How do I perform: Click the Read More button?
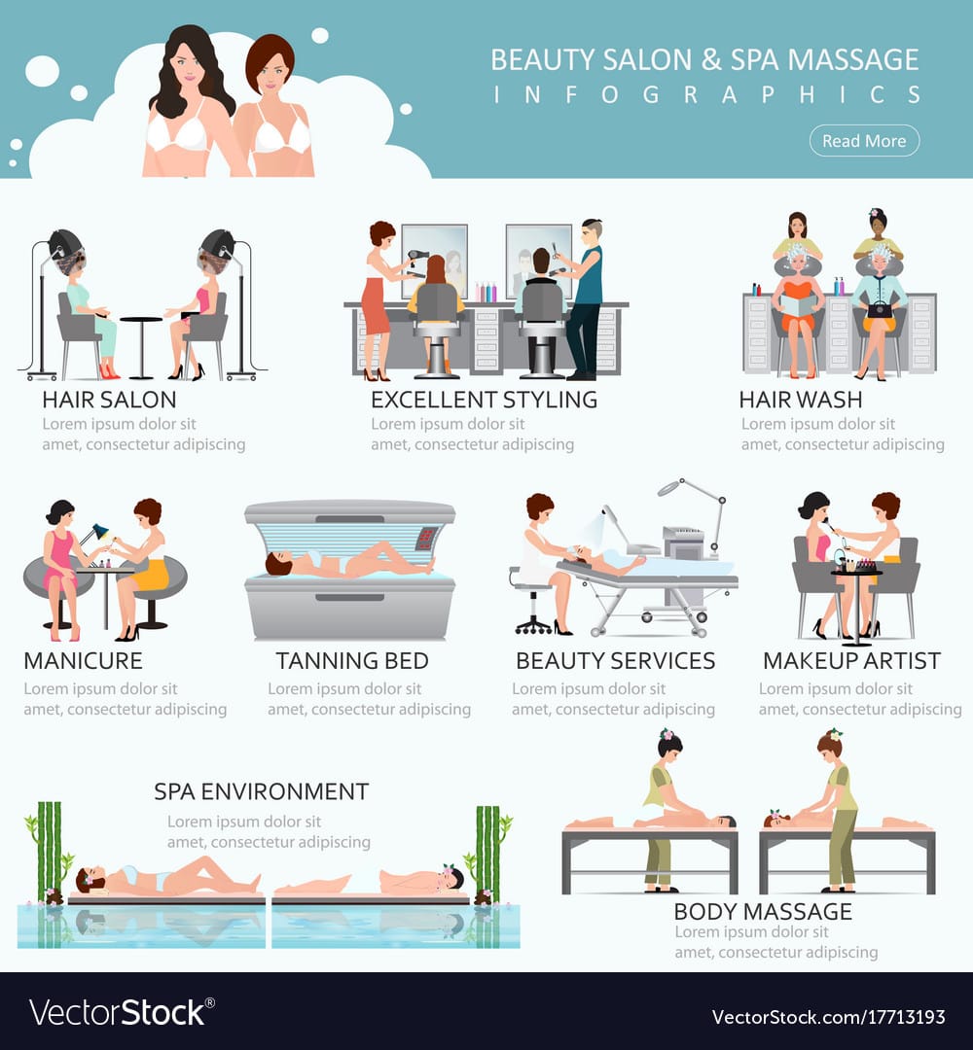[864, 141]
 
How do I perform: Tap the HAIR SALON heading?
[109, 400]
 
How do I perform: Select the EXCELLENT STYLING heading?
[484, 400]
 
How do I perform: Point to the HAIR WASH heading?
[800, 400]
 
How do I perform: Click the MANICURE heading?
[83, 661]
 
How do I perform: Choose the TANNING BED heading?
[352, 661]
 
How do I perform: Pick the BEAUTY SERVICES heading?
[615, 661]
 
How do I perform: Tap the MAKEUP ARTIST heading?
[851, 661]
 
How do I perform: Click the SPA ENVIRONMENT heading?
[262, 791]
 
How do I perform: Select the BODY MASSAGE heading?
[763, 911]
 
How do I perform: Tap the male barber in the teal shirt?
[583, 299]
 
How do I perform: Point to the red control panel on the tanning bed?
[426, 537]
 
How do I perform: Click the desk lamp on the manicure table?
[94, 537]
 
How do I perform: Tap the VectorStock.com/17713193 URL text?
[828, 1017]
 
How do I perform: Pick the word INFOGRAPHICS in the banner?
[707, 95]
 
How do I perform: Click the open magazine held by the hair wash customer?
[798, 306]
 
